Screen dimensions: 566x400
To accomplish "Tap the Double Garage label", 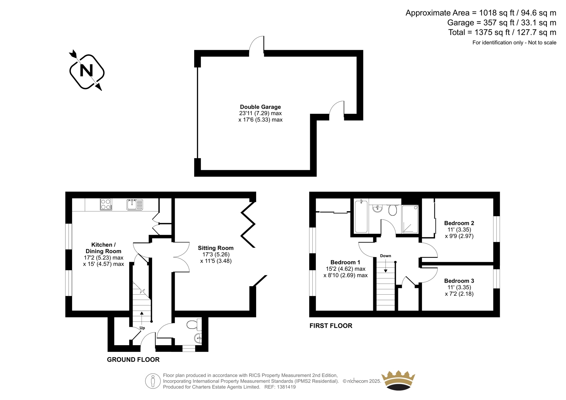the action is (x=260, y=107).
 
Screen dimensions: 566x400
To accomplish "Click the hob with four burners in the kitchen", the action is (x=106, y=204).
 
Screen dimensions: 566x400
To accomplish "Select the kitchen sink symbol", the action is (x=135, y=205).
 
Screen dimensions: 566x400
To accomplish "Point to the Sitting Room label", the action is (x=215, y=248).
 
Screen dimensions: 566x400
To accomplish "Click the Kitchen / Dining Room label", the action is (x=103, y=248).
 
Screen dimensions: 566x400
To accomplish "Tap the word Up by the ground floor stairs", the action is (x=142, y=328).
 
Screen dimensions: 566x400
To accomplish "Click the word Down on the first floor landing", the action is (x=386, y=256).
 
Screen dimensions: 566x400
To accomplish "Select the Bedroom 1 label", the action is (x=345, y=262).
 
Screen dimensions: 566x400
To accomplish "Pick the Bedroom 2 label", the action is (x=459, y=223).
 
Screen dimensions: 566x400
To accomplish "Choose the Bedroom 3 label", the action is (x=459, y=281).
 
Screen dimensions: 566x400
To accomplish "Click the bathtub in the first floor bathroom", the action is (x=361, y=216).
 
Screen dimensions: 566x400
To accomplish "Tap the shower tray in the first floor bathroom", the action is (x=410, y=219).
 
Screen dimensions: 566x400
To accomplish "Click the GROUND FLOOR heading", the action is (x=133, y=360).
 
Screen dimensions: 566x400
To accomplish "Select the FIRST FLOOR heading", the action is (x=331, y=326).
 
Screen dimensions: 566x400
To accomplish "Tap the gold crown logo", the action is (x=398, y=380).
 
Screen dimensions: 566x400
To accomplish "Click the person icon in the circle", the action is (x=152, y=381).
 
